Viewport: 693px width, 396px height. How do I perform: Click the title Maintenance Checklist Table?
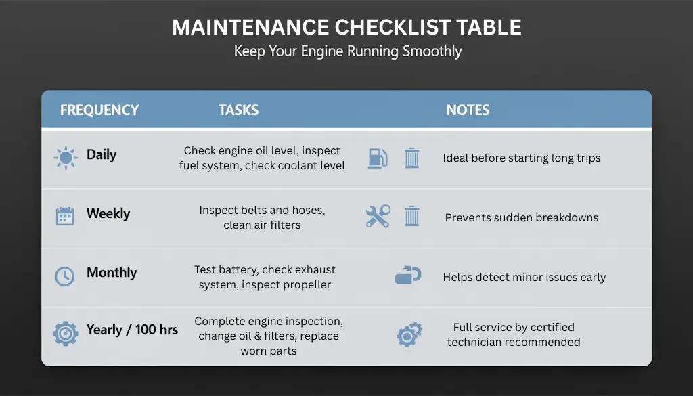[x=346, y=27]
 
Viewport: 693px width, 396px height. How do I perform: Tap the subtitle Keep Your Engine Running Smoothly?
[x=348, y=51]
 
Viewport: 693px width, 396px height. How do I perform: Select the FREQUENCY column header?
[x=99, y=110]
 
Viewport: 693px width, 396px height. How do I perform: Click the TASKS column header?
[x=239, y=110]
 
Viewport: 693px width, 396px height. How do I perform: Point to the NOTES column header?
[x=468, y=110]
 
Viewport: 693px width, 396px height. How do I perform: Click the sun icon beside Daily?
[x=66, y=158]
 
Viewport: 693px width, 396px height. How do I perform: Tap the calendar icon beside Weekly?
[x=65, y=216]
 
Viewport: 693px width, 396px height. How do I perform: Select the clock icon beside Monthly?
[x=64, y=276]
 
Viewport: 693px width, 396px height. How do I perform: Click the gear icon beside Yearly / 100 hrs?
[x=66, y=334]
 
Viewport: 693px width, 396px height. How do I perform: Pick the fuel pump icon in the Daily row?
[x=378, y=158]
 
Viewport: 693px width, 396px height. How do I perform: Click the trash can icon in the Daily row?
[x=412, y=158]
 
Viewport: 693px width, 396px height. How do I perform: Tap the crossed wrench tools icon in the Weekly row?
[x=378, y=216]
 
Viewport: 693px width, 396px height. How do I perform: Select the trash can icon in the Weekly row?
[x=412, y=216]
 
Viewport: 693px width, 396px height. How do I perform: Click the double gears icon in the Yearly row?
[x=409, y=334]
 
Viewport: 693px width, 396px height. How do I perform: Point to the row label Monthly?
[x=112, y=273]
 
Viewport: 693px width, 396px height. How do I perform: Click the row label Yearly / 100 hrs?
[x=132, y=330]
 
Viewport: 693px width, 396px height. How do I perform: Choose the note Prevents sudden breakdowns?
[x=522, y=217]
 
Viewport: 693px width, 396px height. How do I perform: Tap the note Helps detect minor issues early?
[x=524, y=277]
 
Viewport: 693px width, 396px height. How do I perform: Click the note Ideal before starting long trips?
[x=522, y=158]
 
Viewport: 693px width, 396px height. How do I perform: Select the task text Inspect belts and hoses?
[x=262, y=211]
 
